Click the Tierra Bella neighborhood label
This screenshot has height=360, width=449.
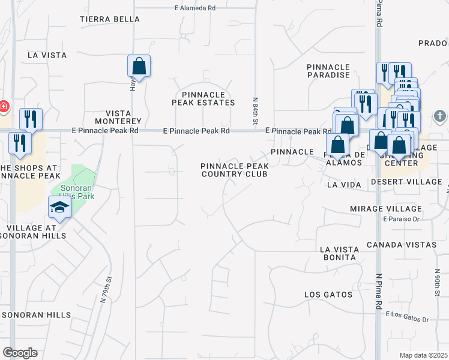pos(110,19)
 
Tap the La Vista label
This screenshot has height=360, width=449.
pos(47,55)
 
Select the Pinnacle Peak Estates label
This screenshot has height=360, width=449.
pos(203,98)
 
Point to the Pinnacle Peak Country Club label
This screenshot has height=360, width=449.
pos(234,169)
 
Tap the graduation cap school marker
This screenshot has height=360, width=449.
pos(60,207)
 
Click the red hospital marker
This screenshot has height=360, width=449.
pos(3,107)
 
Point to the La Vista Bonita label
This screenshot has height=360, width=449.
pos(339,253)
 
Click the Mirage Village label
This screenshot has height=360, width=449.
pos(386,208)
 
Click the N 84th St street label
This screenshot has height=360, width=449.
pos(255,109)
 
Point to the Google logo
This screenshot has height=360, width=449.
pos(20,353)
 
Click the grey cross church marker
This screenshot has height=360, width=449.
pos(439,115)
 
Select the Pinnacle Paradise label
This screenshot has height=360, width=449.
pos(328,70)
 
